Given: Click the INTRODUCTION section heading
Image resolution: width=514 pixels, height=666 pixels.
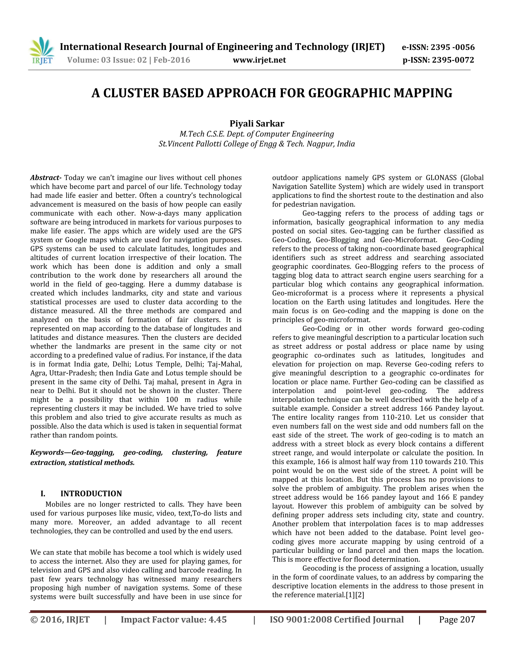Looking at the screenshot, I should [91, 494].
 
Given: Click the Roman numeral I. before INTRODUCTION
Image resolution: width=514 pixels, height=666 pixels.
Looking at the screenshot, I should [43, 494].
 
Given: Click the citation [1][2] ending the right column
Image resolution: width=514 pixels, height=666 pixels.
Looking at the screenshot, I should [355, 595].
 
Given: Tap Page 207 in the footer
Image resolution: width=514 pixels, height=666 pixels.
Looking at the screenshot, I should [457, 620].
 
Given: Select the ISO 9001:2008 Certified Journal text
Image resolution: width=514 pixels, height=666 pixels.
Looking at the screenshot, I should [337, 620].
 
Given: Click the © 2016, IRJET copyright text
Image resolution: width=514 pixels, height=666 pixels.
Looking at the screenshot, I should [60, 620].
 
